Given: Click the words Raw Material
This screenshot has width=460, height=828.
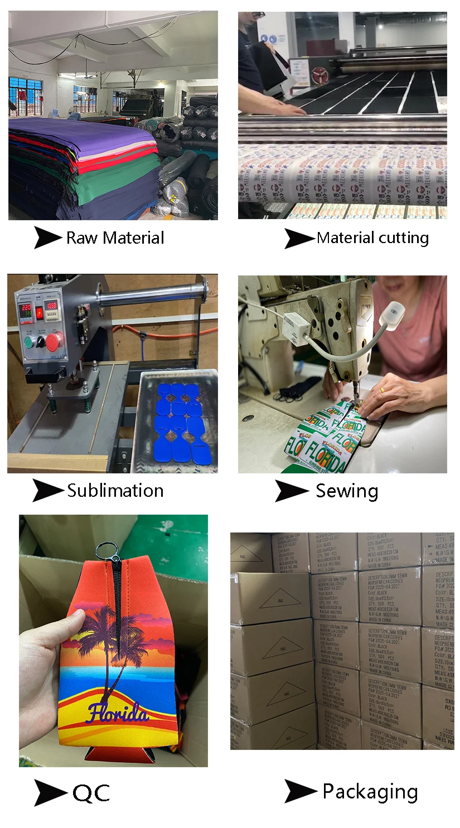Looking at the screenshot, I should [x=115, y=238].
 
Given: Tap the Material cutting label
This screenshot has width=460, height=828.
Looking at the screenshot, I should [x=372, y=238].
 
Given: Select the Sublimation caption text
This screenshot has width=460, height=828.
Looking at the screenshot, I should [x=115, y=491].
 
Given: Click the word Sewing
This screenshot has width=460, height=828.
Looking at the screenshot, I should [x=347, y=491].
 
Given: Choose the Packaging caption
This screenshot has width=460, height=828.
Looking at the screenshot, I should [x=370, y=791].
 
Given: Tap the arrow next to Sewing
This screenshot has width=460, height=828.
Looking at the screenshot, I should [x=290, y=491].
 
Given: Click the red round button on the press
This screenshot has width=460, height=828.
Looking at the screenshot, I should [x=54, y=341].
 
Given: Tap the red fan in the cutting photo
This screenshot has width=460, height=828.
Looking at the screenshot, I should [x=320, y=75].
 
